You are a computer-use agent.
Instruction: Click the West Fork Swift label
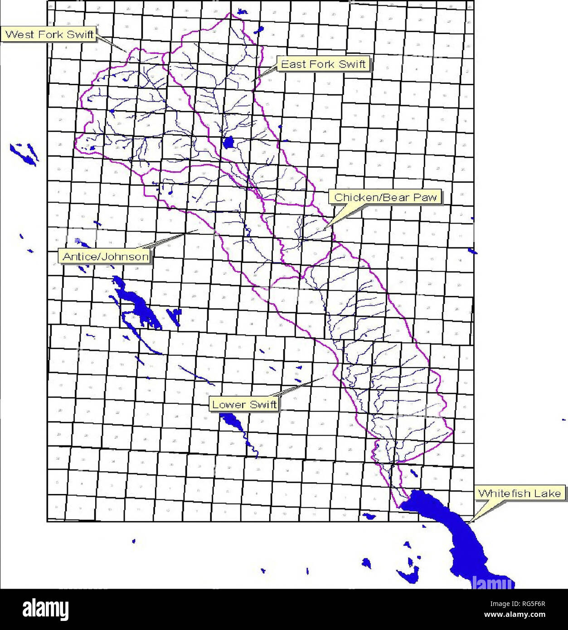tap(49, 34)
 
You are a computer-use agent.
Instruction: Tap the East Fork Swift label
tap(323, 64)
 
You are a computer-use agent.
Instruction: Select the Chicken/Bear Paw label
tap(385, 197)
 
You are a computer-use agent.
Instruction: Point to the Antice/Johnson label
tap(105, 257)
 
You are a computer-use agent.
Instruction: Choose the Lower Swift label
tap(244, 404)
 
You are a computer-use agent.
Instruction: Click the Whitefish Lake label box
tap(519, 493)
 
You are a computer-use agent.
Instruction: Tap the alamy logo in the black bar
tap(45, 609)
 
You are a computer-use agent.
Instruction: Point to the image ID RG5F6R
tap(529, 604)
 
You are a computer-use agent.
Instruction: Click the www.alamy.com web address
tap(515, 615)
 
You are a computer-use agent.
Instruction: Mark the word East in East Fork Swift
tap(291, 64)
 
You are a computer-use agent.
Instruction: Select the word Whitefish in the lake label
tap(505, 493)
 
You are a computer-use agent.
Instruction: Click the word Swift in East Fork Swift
tap(352, 64)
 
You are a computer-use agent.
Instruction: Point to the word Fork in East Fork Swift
tap(320, 64)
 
